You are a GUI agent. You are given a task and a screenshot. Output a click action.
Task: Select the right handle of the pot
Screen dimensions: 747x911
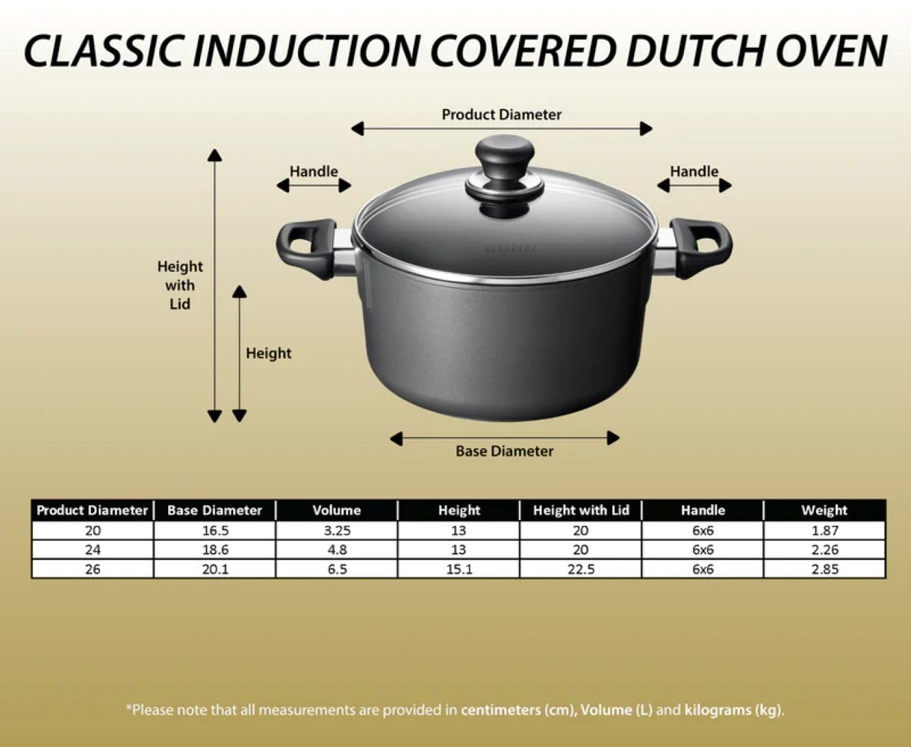(x=701, y=247)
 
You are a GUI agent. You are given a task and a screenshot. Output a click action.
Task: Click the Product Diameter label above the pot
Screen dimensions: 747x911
(x=501, y=114)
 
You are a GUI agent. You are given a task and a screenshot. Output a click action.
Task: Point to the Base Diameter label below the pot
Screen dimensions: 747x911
(x=505, y=451)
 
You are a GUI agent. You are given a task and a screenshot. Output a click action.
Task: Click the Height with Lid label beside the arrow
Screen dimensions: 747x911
(x=180, y=285)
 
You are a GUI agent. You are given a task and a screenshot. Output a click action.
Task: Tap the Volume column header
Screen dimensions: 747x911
(x=336, y=511)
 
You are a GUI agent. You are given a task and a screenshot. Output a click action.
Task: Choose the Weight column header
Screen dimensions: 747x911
(x=824, y=511)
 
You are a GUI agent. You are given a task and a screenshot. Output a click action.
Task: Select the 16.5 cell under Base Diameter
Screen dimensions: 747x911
(x=214, y=530)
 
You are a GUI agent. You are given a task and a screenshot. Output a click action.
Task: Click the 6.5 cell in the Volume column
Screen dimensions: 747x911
(x=336, y=569)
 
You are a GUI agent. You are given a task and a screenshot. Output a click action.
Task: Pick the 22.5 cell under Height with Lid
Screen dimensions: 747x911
(x=581, y=569)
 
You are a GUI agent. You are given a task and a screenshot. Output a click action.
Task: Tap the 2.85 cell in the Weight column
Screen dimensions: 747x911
(x=824, y=569)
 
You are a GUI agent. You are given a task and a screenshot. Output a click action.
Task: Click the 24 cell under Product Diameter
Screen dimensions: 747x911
(x=93, y=550)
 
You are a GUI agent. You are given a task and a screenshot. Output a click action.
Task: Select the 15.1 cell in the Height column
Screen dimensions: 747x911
(x=458, y=569)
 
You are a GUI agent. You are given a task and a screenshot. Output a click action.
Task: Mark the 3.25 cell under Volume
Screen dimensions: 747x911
(x=336, y=530)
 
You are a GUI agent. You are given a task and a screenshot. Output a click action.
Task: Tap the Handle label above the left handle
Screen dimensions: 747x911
(x=314, y=171)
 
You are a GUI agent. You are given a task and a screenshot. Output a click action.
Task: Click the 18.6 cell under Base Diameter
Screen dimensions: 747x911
(x=214, y=550)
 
